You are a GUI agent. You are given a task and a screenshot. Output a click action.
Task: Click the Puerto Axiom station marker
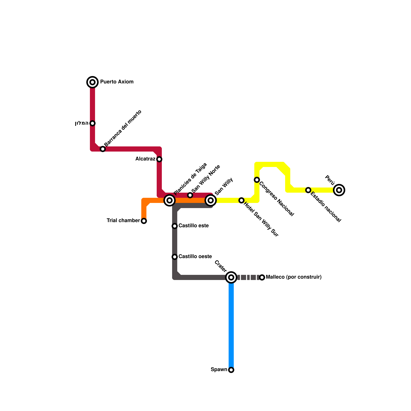(92, 82)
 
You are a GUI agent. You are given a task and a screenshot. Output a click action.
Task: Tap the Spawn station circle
(231, 370)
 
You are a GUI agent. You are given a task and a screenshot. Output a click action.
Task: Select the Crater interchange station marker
(231, 277)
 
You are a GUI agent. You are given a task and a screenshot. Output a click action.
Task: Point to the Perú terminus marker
(339, 190)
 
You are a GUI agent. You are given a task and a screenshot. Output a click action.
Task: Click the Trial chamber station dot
(144, 221)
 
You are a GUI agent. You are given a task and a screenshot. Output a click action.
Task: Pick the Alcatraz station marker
(159, 159)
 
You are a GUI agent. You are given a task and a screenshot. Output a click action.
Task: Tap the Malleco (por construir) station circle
(262, 277)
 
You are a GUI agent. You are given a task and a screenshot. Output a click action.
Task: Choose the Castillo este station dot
(175, 226)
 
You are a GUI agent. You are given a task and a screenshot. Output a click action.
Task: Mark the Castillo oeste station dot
(175, 257)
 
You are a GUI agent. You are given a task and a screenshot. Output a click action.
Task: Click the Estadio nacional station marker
(308, 190)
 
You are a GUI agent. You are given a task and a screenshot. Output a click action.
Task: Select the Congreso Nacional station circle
(257, 180)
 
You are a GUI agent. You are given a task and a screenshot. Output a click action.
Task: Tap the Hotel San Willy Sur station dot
(241, 200)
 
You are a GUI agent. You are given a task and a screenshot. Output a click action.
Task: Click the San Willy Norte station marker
(190, 195)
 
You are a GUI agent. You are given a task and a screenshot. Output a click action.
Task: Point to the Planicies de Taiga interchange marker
(170, 200)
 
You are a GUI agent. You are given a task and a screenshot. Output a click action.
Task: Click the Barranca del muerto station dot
(103, 149)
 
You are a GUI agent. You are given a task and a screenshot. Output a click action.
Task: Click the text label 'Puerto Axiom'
(117, 82)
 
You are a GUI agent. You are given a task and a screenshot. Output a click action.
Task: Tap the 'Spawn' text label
(219, 370)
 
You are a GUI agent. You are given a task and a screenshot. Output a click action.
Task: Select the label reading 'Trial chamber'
(123, 221)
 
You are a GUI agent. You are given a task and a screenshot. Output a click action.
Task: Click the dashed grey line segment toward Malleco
(248, 277)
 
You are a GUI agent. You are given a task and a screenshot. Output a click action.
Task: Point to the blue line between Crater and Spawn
(231, 324)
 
